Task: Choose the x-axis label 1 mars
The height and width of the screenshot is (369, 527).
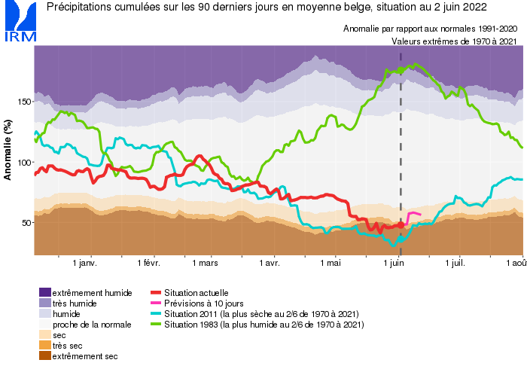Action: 205,264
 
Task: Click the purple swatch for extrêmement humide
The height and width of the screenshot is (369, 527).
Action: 45,292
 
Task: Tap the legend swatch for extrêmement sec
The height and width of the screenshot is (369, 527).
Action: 45,355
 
